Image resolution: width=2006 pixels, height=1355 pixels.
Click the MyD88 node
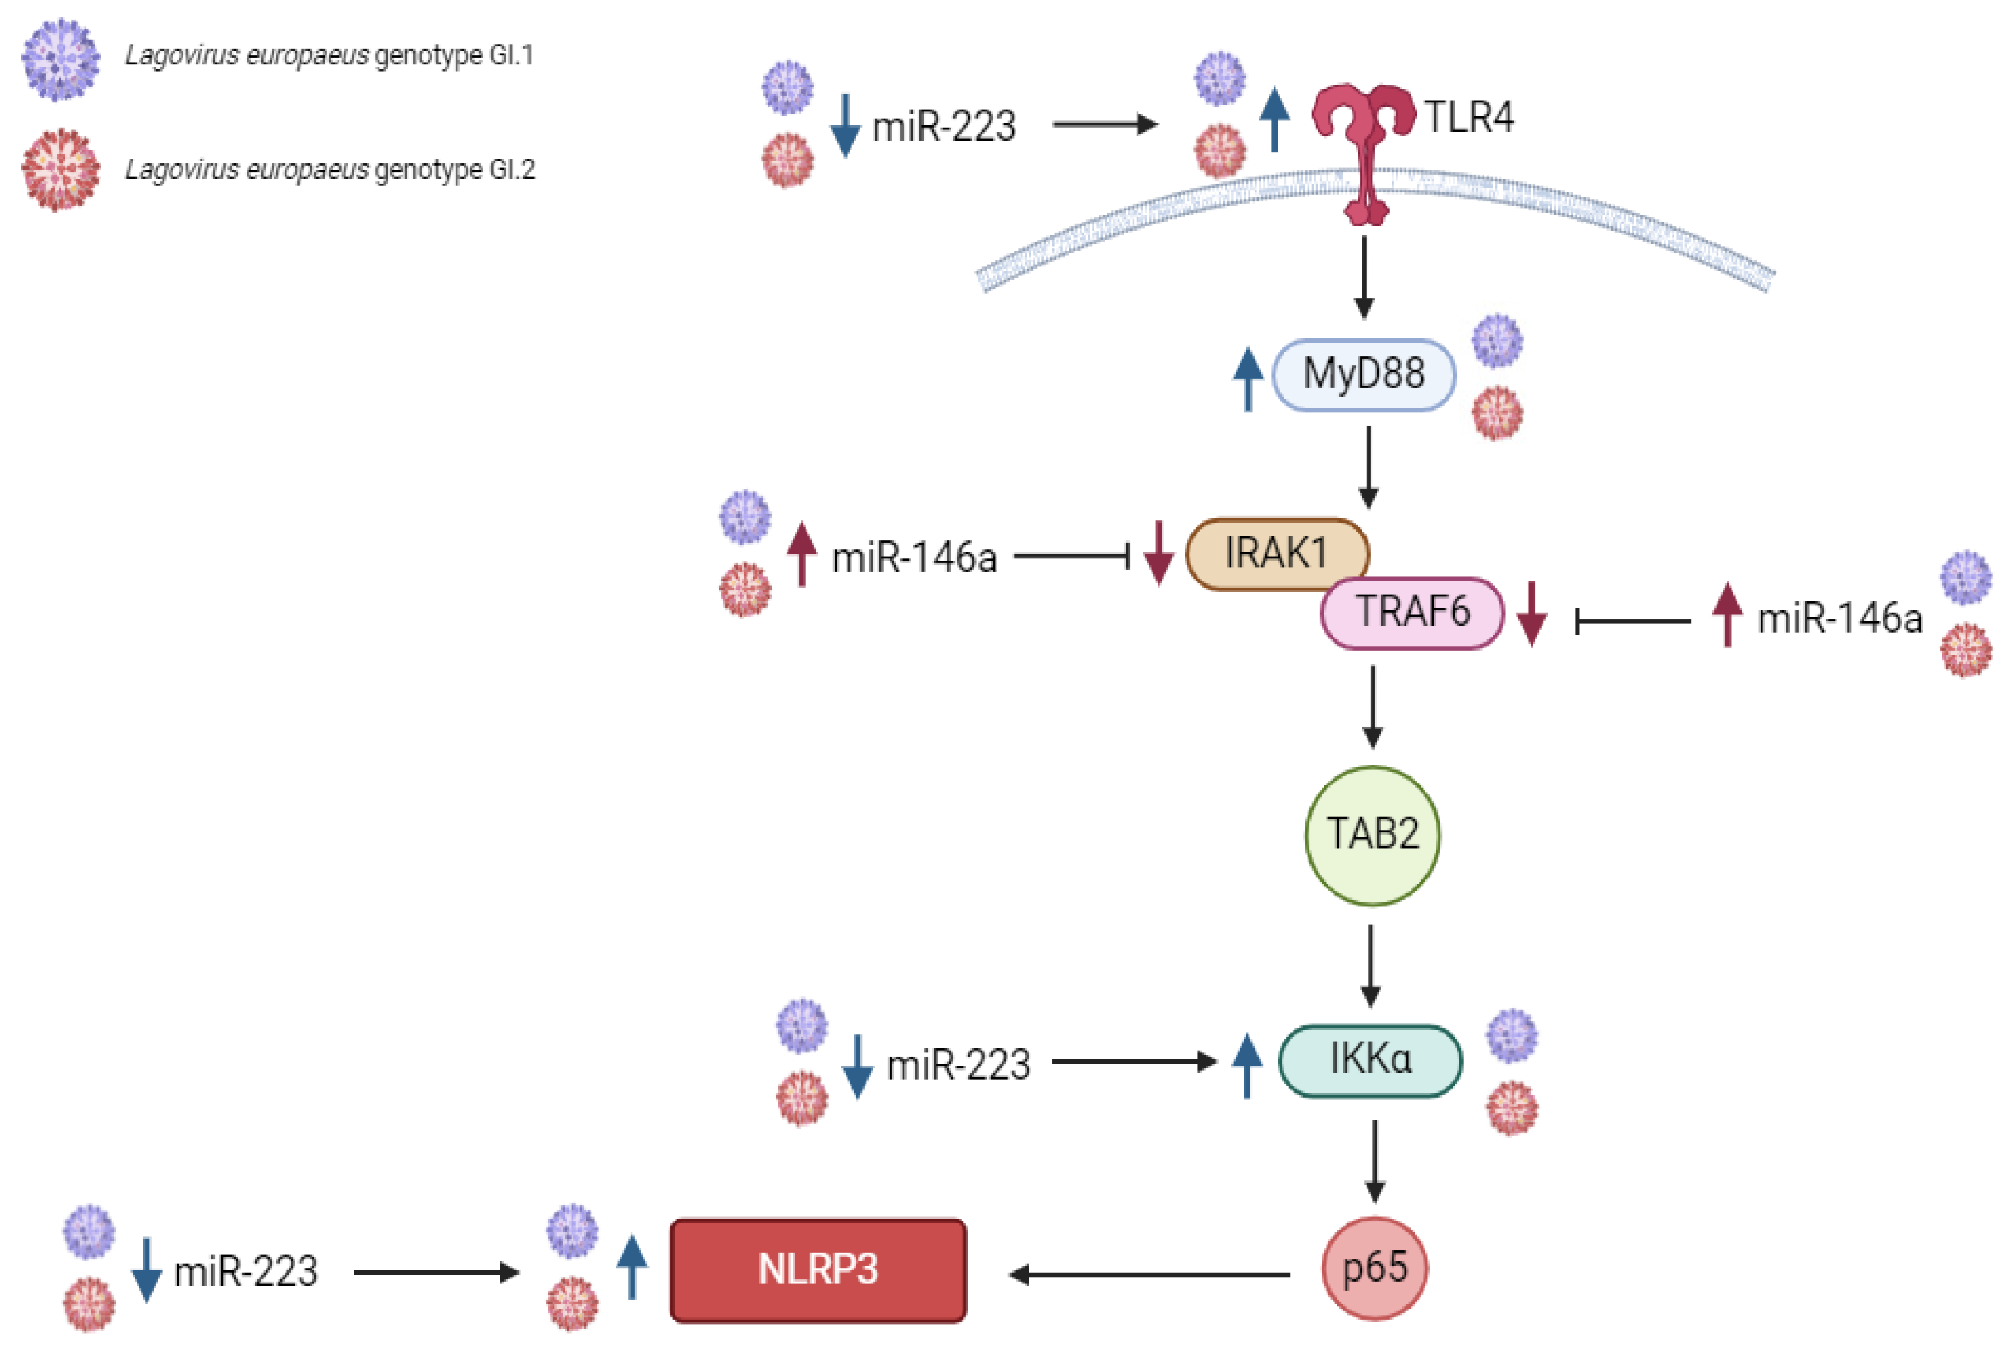(1364, 374)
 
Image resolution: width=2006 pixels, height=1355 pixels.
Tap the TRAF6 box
(1413, 613)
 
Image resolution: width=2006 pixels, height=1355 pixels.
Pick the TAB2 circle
(1372, 835)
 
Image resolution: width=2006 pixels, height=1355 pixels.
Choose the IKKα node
(1370, 1061)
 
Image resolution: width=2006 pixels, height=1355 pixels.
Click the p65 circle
(1374, 1268)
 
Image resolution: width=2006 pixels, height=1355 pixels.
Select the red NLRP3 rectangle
(818, 1270)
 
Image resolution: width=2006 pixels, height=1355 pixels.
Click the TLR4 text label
(1468, 117)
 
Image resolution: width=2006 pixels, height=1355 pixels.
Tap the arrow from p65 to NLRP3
(1149, 1274)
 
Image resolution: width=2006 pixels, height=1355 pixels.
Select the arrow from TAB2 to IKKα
(1371, 965)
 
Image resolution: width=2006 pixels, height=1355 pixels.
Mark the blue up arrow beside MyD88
(1248, 378)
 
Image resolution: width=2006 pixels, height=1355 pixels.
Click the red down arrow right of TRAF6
(1532, 614)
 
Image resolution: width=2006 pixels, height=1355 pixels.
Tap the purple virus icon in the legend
(60, 60)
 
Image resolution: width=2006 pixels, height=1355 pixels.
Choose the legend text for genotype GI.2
(330, 169)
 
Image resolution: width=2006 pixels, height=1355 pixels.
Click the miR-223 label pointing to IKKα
(958, 1065)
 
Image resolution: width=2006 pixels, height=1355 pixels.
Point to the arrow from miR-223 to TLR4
(1105, 125)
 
